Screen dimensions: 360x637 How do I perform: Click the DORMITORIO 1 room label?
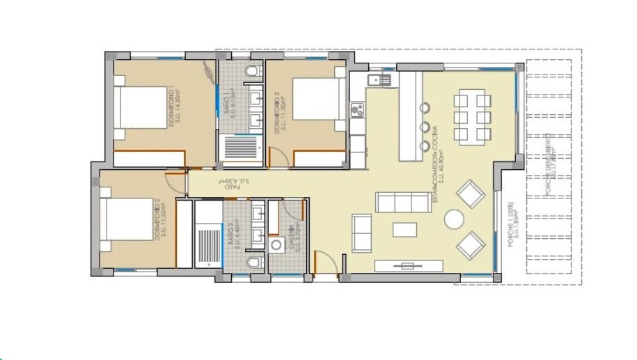coord(175,107)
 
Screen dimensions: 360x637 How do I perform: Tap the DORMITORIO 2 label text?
coord(160,220)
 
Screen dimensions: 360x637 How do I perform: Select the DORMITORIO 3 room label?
coord(280,113)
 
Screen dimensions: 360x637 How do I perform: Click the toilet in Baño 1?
coord(253,70)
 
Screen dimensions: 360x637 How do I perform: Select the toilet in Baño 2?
coord(255,263)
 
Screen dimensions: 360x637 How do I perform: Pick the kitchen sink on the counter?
coord(380,80)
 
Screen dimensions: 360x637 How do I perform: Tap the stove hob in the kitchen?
coord(359,109)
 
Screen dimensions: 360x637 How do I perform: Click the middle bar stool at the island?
coord(424,127)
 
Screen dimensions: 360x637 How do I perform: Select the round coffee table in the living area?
coord(454,219)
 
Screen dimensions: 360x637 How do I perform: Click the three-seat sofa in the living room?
coord(402,202)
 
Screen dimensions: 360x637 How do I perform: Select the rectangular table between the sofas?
coord(404,229)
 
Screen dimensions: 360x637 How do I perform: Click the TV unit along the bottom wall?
coord(409,265)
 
